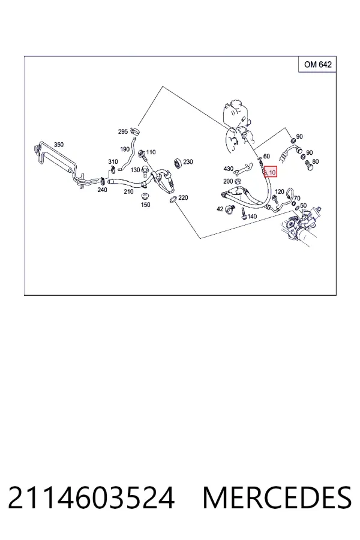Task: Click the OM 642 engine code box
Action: pyautogui.click(x=317, y=64)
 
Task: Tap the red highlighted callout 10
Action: pyautogui.click(x=271, y=172)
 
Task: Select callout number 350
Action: pyautogui.click(x=59, y=145)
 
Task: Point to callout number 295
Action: pyautogui.click(x=123, y=131)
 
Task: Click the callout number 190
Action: pyautogui.click(x=125, y=149)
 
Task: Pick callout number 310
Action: pyautogui.click(x=113, y=161)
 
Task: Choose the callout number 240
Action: pyautogui.click(x=103, y=190)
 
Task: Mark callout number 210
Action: pyautogui.click(x=128, y=191)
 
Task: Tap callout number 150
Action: pyautogui.click(x=146, y=205)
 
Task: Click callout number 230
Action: pyautogui.click(x=188, y=161)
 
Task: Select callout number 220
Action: pyautogui.click(x=183, y=197)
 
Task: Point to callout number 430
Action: pyautogui.click(x=229, y=169)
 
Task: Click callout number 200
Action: pyautogui.click(x=228, y=181)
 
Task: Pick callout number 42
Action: pyautogui.click(x=220, y=209)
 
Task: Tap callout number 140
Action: pyautogui.click(x=252, y=217)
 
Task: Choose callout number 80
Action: pyautogui.click(x=316, y=161)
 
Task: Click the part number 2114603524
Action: pyautogui.click(x=91, y=498)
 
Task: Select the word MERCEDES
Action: pyautogui.click(x=277, y=498)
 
